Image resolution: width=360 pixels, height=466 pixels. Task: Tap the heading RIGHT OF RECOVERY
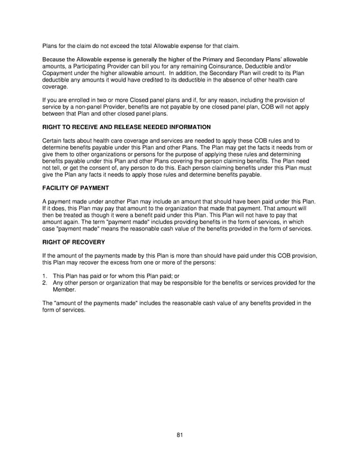pos(74,242)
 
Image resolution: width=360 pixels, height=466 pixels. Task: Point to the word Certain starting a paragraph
pos(53,141)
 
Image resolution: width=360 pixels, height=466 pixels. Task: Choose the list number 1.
pos(44,275)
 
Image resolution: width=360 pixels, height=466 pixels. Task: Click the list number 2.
pos(44,282)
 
